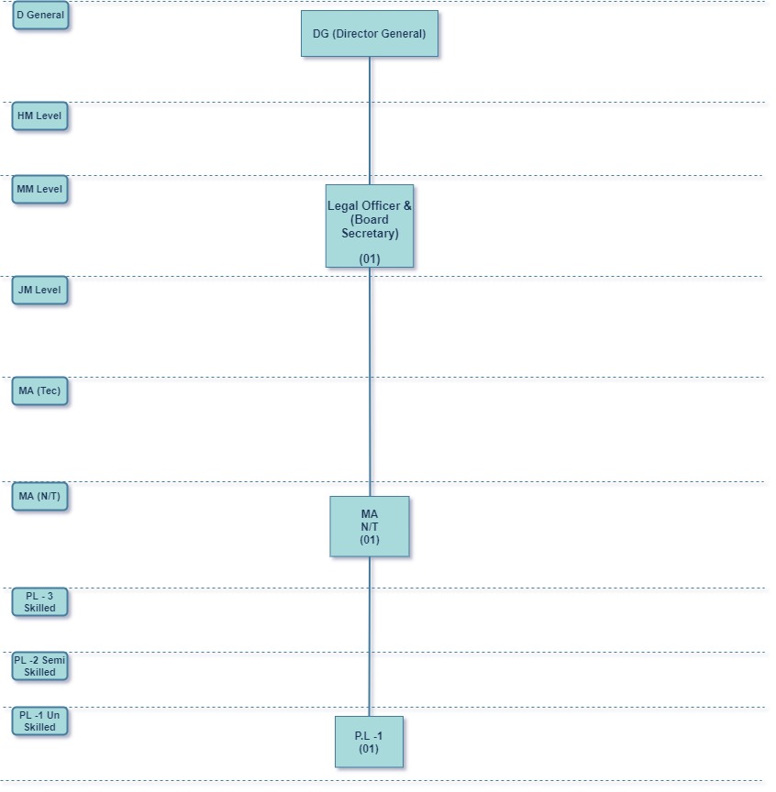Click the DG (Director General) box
click(369, 34)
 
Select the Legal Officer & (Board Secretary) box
click(370, 225)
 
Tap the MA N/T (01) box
click(370, 526)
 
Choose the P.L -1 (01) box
click(369, 742)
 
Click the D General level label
click(40, 16)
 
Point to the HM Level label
click(39, 116)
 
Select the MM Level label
click(39, 190)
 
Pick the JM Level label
click(39, 291)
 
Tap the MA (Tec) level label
click(39, 391)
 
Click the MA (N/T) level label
click(39, 497)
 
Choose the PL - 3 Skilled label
click(39, 602)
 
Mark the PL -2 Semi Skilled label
click(39, 666)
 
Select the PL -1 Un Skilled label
click(39, 721)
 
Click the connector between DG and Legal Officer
click(370, 120)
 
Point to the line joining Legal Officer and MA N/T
click(370, 381)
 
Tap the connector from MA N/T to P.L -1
click(370, 636)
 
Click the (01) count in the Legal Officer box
click(370, 259)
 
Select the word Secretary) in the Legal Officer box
click(370, 234)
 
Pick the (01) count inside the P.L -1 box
click(369, 749)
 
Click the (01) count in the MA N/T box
click(370, 540)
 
